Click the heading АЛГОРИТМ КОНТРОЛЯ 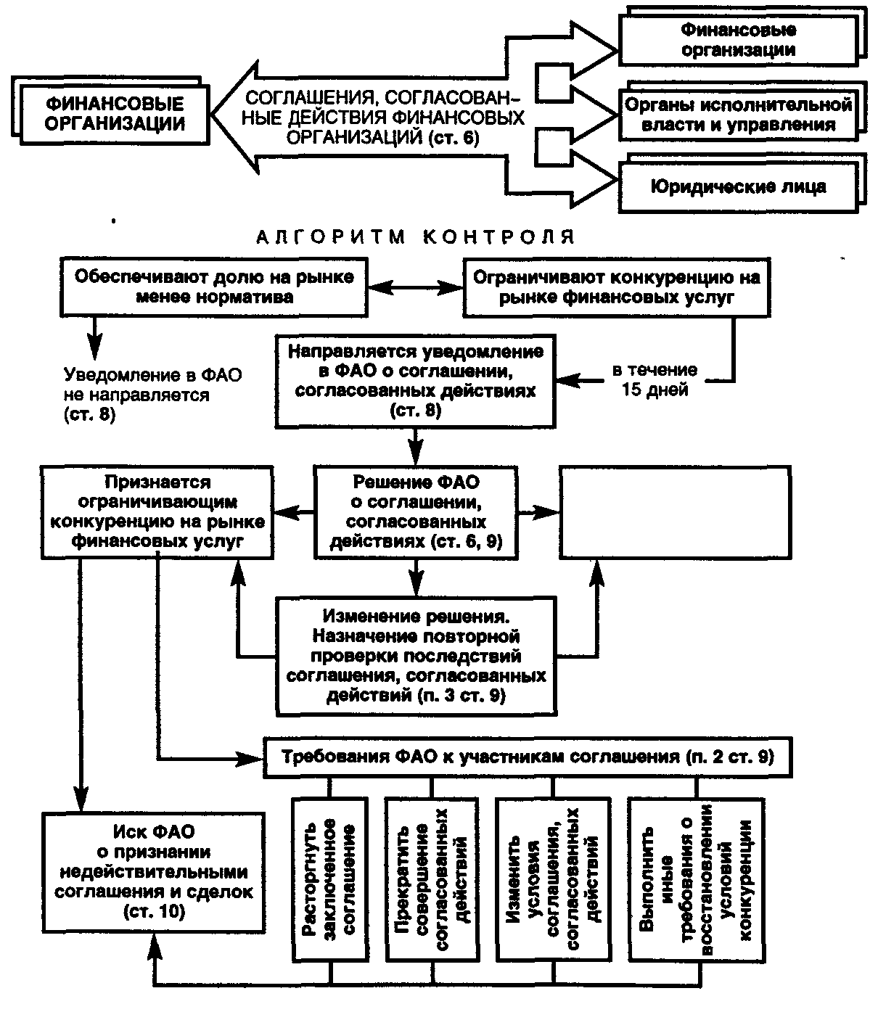coord(415,237)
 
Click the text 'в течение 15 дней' coord(655,380)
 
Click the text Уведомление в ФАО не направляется coord(153,394)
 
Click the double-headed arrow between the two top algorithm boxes coord(416,287)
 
